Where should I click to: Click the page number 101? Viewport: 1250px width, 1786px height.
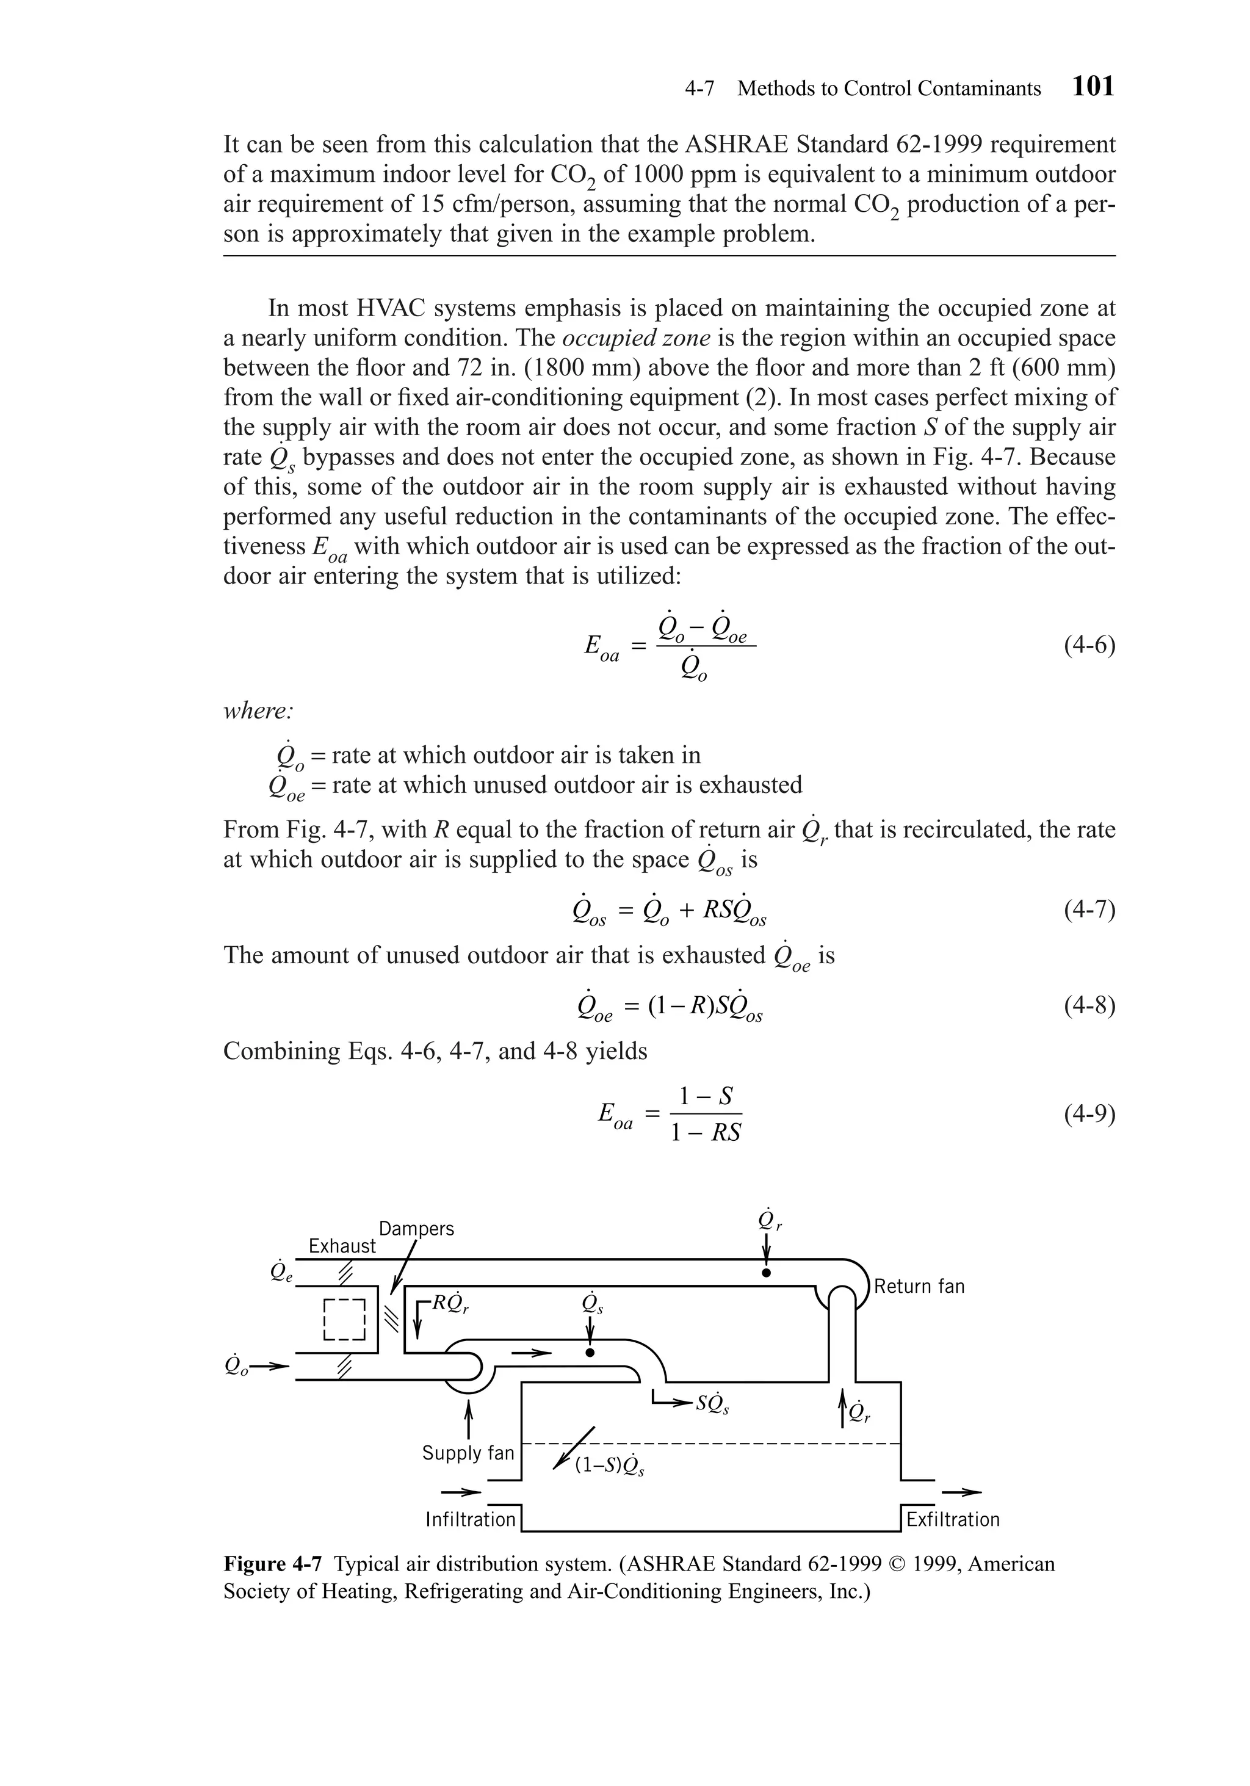point(1093,86)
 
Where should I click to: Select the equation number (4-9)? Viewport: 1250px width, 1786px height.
point(1089,1115)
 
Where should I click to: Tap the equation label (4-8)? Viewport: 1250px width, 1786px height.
point(1089,1006)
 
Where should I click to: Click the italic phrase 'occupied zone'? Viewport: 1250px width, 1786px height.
point(635,338)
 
